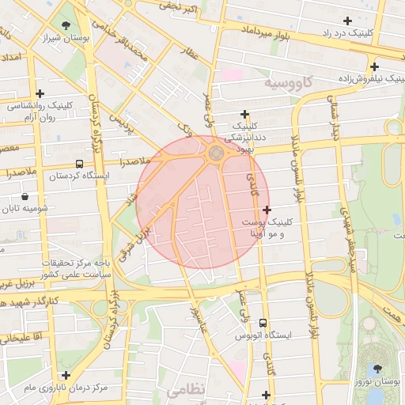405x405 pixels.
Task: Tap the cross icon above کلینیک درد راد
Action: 347,21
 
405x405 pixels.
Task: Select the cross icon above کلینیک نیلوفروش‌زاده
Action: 374,67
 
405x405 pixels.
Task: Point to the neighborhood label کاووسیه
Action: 290,81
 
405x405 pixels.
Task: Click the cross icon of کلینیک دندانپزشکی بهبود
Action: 244,115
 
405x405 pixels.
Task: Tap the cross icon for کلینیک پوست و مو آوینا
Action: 267,210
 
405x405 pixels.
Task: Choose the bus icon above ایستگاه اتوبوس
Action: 263,324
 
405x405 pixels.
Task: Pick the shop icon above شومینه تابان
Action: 25,196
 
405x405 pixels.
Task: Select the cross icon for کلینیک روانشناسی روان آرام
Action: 40,93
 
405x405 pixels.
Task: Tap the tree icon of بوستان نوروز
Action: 377,369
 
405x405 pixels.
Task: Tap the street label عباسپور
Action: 197,316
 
